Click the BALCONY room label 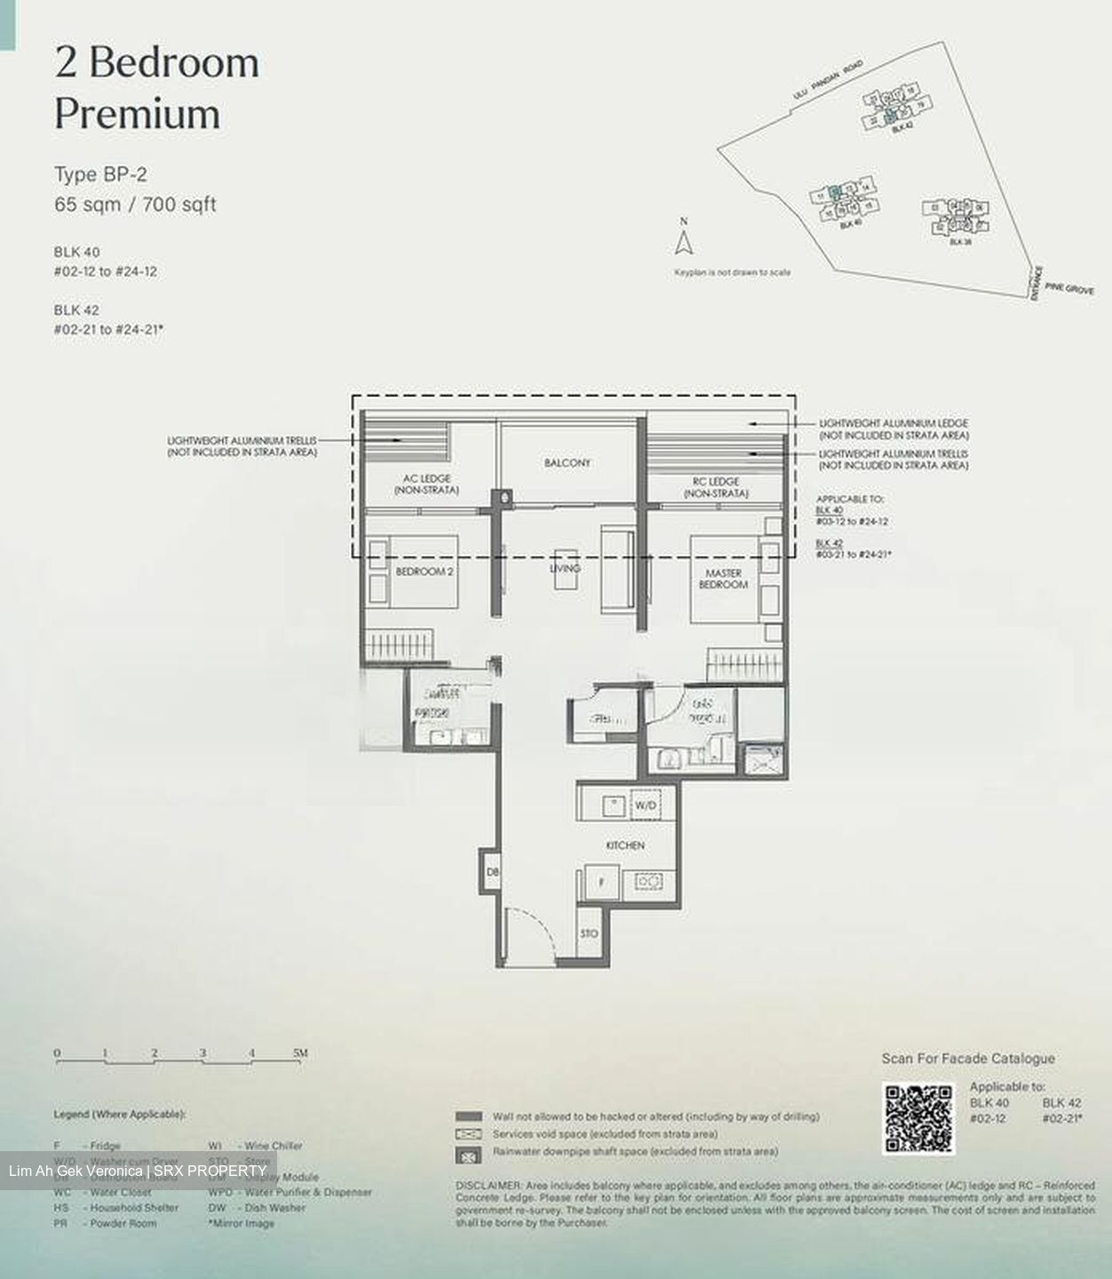(567, 463)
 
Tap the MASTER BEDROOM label (723, 579)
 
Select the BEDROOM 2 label (424, 572)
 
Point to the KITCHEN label (625, 846)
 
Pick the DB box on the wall (492, 874)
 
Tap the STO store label (589, 933)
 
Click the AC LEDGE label (426, 484)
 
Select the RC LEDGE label (716, 487)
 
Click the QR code (918, 1117)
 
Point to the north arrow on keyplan (683, 242)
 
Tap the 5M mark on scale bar (300, 1053)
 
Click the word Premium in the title (137, 114)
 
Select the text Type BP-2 (100, 174)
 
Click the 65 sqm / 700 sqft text (135, 204)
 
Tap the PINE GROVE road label (1069, 289)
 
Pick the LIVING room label (566, 568)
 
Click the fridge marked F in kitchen (601, 883)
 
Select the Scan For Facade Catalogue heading (968, 1058)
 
